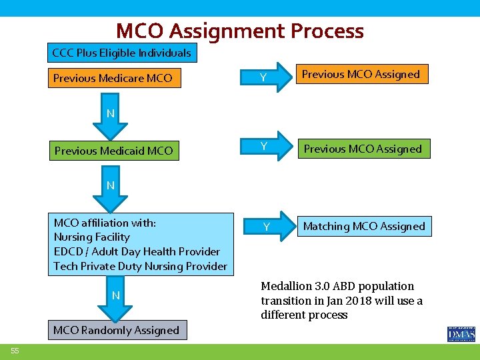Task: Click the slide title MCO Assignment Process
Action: click(x=240, y=31)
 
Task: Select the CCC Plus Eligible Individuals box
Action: click(x=121, y=53)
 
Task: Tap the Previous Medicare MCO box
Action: click(x=113, y=78)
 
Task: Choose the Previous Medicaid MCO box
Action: click(x=113, y=151)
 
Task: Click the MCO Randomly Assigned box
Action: click(x=117, y=330)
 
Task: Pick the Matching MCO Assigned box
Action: click(x=363, y=227)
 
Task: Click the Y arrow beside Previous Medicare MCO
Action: click(x=265, y=78)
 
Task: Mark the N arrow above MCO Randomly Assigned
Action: click(x=115, y=297)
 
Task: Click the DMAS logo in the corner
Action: click(x=461, y=333)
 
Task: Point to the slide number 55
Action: click(x=14, y=351)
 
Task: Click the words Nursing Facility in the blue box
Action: click(x=91, y=237)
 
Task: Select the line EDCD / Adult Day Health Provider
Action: click(x=137, y=251)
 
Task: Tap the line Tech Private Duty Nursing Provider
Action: click(x=140, y=266)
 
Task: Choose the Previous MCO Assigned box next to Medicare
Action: click(x=361, y=74)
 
